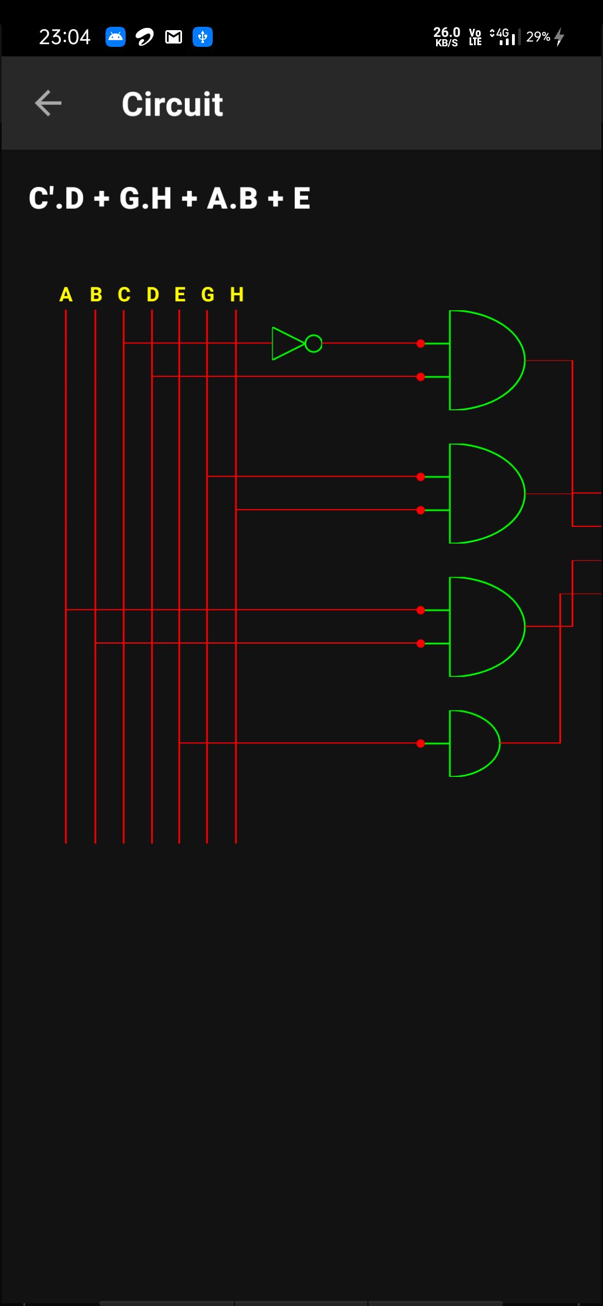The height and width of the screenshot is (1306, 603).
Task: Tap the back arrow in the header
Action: (x=48, y=103)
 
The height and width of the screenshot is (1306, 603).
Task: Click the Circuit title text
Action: (x=172, y=104)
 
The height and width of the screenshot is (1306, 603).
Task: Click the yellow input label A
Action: (x=66, y=294)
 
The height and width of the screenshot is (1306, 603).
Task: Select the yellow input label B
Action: (x=95, y=294)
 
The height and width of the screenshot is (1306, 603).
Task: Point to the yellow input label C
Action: (x=124, y=294)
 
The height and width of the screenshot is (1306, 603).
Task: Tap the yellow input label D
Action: (x=152, y=294)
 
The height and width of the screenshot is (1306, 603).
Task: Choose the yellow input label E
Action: (x=180, y=294)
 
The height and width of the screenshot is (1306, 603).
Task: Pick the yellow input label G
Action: (x=208, y=294)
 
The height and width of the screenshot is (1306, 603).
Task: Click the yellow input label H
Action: (x=237, y=294)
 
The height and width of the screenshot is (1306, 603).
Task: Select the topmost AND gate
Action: (x=483, y=360)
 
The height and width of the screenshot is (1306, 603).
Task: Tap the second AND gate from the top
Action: (x=483, y=493)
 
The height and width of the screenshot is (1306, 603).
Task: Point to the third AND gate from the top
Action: (x=483, y=627)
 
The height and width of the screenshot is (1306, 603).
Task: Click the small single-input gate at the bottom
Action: (x=472, y=743)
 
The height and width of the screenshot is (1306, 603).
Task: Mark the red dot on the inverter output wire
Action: (x=420, y=344)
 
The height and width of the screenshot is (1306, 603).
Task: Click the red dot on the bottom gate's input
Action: (x=420, y=743)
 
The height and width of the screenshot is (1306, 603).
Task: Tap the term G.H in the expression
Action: (x=145, y=198)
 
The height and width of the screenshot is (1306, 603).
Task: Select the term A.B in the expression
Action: (x=232, y=198)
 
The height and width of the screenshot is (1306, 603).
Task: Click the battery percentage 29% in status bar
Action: (x=538, y=37)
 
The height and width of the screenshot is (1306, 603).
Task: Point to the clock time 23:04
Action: (x=64, y=37)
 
